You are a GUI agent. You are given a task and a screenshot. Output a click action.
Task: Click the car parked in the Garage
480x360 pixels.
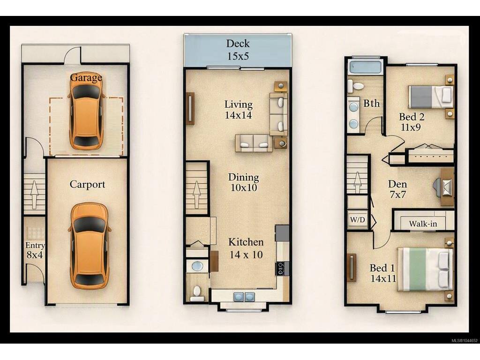pyautogui.click(x=87, y=116)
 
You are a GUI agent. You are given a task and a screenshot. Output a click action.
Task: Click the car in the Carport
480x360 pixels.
pyautogui.click(x=90, y=246)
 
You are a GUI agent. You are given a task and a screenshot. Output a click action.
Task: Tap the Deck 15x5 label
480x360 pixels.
pyautogui.click(x=238, y=50)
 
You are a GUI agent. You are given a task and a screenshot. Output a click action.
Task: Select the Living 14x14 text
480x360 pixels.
pyautogui.click(x=239, y=109)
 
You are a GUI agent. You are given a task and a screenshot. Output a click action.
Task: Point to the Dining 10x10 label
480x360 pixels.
pyautogui.click(x=244, y=182)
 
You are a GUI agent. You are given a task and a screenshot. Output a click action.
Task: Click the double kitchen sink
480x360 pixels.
pyautogui.click(x=244, y=296)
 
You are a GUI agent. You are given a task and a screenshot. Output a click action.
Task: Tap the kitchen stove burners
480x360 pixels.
pyautogui.click(x=282, y=268)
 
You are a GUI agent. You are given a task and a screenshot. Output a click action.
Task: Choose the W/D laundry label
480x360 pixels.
pyautogui.click(x=358, y=219)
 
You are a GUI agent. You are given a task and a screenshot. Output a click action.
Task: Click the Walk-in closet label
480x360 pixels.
pyautogui.click(x=423, y=224)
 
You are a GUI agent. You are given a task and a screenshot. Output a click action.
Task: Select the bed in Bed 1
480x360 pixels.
pyautogui.click(x=425, y=269)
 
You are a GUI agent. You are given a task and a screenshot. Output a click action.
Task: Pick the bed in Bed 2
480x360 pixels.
pyautogui.click(x=431, y=97)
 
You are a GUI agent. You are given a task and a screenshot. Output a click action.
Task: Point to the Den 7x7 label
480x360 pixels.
pyautogui.click(x=397, y=189)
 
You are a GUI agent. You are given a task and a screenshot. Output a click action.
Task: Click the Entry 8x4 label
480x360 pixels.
pyautogui.click(x=35, y=250)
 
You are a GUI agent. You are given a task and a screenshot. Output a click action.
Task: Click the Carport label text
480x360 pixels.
pyautogui.click(x=87, y=184)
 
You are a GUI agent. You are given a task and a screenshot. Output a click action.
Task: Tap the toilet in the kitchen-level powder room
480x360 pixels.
pyautogui.click(x=196, y=292)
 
